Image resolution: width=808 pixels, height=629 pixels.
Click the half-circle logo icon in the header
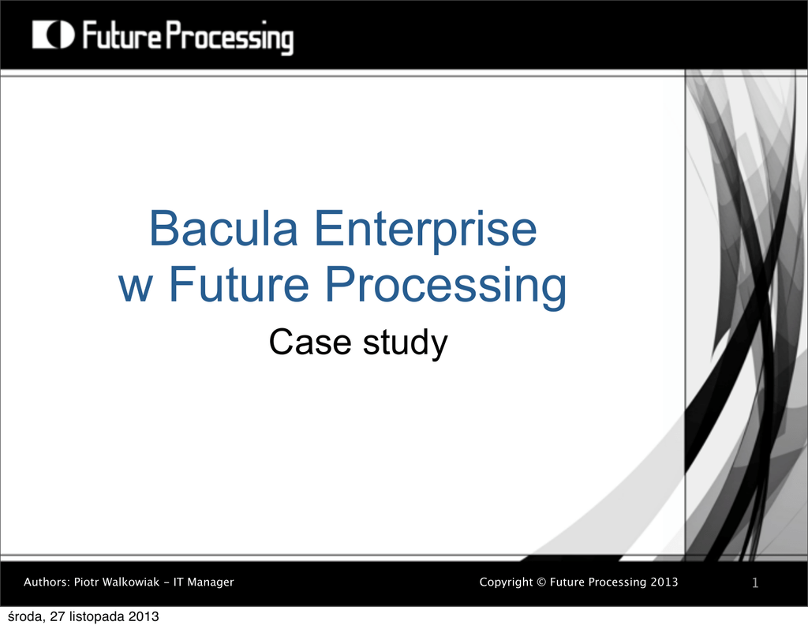(x=53, y=35)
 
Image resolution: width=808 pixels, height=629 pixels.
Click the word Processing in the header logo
(x=230, y=37)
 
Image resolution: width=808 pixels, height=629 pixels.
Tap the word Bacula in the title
(x=223, y=228)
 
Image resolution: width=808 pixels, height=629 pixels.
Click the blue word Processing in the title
(x=446, y=286)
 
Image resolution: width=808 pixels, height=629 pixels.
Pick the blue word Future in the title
(x=239, y=284)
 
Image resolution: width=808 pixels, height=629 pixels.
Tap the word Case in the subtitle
(x=310, y=342)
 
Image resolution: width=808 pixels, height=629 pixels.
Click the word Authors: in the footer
(x=47, y=582)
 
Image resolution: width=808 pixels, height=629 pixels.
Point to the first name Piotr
(x=86, y=582)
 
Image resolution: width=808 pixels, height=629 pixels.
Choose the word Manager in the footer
(x=210, y=582)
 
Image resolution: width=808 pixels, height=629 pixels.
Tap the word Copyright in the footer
(x=506, y=582)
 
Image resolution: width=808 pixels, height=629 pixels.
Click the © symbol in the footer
(x=541, y=582)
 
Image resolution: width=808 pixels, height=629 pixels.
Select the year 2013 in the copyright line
(x=664, y=582)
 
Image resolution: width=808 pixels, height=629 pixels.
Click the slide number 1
(x=755, y=583)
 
